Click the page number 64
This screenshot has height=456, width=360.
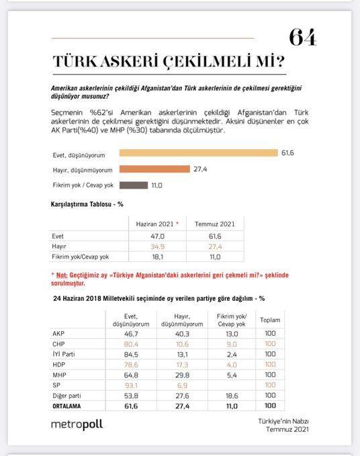[302, 37]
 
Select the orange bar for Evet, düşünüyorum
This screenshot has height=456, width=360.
[198, 152]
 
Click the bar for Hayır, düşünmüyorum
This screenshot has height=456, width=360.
[154, 169]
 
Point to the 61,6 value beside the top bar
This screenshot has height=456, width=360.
[287, 153]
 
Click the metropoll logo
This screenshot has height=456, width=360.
[77, 424]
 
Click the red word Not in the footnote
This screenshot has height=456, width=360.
[62, 276]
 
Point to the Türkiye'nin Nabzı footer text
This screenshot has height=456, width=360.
[287, 420]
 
